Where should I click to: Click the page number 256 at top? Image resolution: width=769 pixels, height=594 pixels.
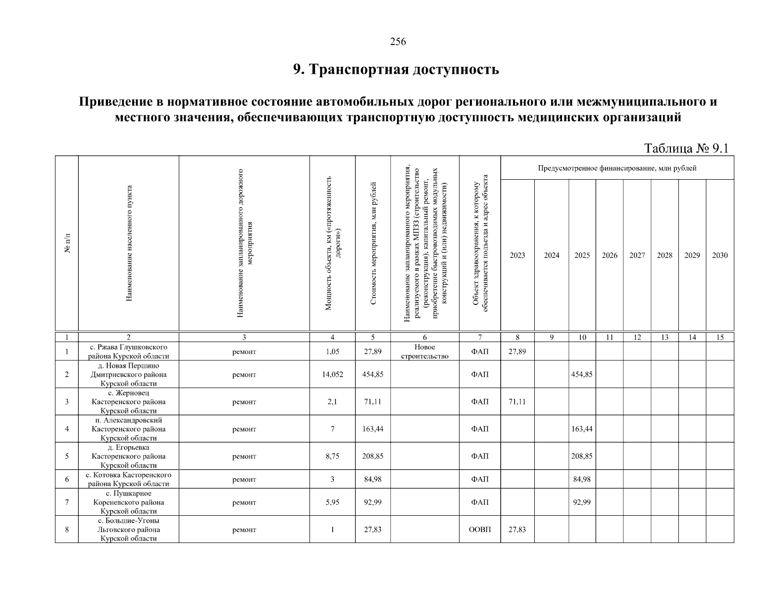[398, 42]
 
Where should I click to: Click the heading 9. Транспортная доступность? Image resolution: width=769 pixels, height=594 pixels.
[396, 70]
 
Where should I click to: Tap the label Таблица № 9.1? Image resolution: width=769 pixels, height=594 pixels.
[686, 148]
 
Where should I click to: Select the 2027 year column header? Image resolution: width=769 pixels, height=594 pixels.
[637, 255]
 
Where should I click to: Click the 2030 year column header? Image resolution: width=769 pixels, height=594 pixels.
[719, 255]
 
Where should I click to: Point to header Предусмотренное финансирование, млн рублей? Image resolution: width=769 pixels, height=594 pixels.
[617, 168]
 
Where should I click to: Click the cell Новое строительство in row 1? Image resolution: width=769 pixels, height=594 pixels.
[424, 352]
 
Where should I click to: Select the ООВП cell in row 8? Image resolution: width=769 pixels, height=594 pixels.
[480, 530]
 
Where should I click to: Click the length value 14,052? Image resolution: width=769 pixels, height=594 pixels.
[332, 375]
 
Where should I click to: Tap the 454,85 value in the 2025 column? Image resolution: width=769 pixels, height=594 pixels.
[582, 375]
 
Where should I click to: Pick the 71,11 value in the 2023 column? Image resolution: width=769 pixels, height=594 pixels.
[517, 402]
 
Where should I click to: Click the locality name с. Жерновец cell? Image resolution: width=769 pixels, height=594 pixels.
[128, 402]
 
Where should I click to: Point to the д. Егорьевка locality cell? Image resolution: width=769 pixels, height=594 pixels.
[128, 456]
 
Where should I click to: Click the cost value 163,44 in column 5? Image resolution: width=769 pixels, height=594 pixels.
[372, 429]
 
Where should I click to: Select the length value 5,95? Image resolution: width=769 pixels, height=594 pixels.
[332, 502]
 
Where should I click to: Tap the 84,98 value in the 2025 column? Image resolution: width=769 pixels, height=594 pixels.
[582, 479]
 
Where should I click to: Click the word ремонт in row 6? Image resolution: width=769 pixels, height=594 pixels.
[244, 479]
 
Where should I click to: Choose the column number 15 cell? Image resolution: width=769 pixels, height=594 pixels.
[719, 338]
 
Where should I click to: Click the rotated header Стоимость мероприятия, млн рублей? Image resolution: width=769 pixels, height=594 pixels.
[373, 244]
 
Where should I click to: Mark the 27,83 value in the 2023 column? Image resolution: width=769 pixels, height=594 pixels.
[517, 530]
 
